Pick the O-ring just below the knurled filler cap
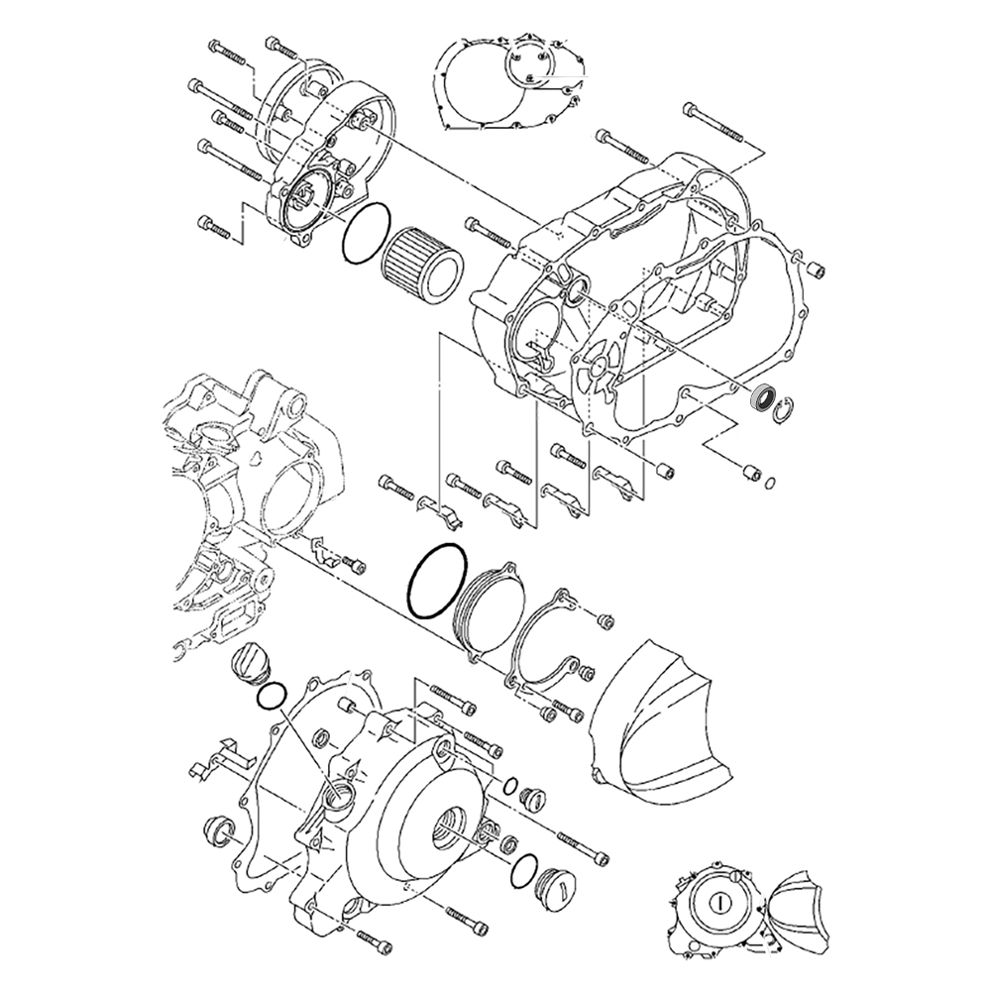click(270, 696)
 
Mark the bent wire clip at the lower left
click(220, 758)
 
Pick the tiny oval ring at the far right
click(771, 483)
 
